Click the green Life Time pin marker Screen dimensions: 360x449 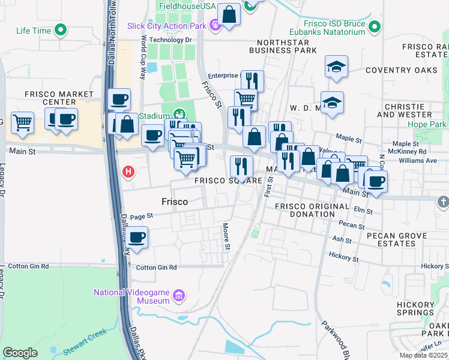pos(60,29)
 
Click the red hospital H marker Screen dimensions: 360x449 pos(128,172)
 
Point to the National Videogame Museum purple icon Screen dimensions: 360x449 pos(178,296)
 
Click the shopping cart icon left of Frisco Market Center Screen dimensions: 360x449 pos(22,121)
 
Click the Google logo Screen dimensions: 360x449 pos(20,353)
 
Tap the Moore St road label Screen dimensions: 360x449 pos(227,236)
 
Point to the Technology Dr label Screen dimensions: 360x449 pos(170,40)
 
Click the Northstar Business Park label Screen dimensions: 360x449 pos(286,47)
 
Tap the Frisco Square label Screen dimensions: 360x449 pos(228,181)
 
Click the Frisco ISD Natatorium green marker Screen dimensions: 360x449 pos(375,26)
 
